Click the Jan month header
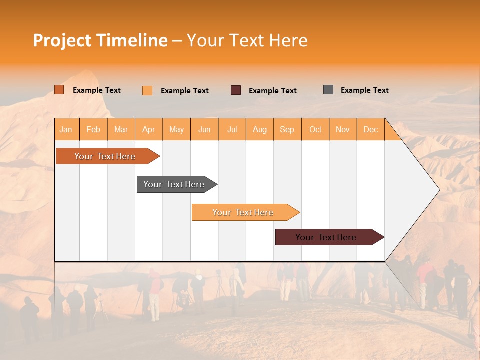66,129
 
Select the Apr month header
149,129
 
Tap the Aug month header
260,129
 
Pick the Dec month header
370,129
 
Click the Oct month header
315,129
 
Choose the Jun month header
204,129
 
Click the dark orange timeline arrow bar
105,156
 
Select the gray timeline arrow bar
174,184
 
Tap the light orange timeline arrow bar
243,212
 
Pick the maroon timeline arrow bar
326,237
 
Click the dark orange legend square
59,90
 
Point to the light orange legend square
147,90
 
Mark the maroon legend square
236,90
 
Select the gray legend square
328,90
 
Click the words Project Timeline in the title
100,40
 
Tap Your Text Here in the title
247,40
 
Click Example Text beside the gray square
364,90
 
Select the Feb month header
93,129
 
